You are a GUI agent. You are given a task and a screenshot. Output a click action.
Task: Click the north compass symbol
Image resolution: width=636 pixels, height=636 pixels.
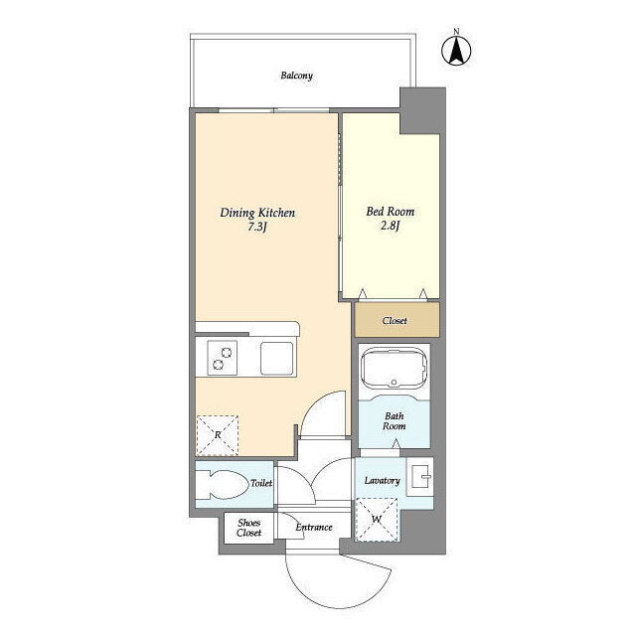(x=456, y=51)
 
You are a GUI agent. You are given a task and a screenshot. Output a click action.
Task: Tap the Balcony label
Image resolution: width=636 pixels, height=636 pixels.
(x=297, y=76)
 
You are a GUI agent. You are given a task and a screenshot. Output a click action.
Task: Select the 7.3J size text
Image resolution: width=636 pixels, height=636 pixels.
(x=256, y=227)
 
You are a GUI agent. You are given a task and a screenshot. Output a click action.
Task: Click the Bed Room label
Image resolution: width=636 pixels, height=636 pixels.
(x=391, y=212)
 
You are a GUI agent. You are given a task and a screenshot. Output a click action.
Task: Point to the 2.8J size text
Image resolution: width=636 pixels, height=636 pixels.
(x=390, y=226)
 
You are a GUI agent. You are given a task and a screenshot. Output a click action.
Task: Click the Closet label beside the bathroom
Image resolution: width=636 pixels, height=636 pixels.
(x=395, y=320)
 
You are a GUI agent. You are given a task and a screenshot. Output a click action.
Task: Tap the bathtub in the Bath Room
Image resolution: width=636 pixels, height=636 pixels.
(x=394, y=369)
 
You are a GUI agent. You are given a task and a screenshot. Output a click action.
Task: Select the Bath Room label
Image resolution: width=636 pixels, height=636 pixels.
(x=395, y=421)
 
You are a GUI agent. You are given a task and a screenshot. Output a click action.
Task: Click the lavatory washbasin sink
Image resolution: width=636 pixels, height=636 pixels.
(x=420, y=476)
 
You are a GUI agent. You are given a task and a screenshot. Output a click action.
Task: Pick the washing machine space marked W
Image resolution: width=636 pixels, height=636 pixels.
(x=377, y=520)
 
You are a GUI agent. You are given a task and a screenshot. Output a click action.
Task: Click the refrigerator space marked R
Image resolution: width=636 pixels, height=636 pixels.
(x=217, y=435)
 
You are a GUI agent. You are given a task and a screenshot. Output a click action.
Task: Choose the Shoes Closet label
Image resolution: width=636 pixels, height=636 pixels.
(x=249, y=528)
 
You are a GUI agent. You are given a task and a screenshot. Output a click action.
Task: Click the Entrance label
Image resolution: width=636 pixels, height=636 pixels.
(x=314, y=527)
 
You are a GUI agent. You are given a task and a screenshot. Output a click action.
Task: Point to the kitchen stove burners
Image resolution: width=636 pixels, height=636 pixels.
(x=223, y=358)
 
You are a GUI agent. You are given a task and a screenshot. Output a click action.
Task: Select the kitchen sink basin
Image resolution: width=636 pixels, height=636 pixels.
(x=276, y=359)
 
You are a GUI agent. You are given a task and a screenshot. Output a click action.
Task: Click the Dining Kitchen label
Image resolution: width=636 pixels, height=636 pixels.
(x=257, y=213)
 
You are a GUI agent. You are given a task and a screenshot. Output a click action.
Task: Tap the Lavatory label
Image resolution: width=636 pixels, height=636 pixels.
(x=382, y=481)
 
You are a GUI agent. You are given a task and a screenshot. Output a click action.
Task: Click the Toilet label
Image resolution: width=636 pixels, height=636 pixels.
(x=261, y=483)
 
